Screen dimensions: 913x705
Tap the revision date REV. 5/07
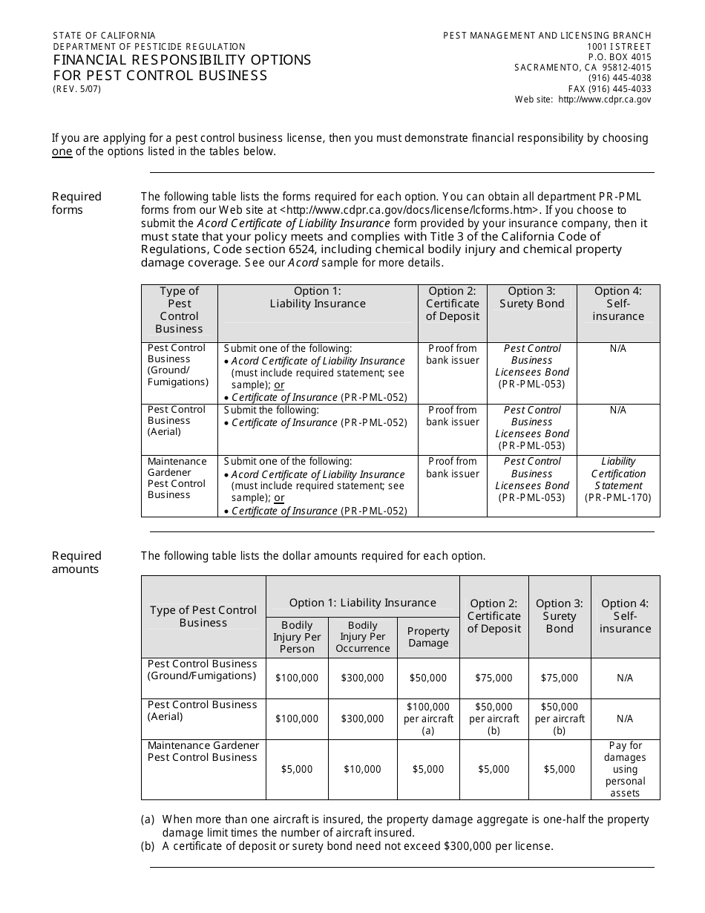[76, 89]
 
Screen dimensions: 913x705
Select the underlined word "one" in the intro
[62, 151]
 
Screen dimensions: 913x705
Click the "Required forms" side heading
[76, 203]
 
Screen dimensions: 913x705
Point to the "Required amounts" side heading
[76, 562]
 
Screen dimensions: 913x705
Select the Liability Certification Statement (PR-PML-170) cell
[617, 480]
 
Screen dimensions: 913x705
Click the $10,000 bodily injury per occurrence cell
[362, 770]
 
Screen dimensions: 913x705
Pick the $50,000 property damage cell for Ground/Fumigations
[428, 678]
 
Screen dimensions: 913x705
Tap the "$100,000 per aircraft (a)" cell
[428, 719]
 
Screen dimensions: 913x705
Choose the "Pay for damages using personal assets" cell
[625, 769]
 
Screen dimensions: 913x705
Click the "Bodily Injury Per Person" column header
[297, 637]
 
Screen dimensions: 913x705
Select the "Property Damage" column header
[428, 637]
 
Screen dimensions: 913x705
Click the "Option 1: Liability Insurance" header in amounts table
[362, 603]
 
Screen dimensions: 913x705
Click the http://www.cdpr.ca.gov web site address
[604, 99]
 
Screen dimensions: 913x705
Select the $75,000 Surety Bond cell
[559, 678]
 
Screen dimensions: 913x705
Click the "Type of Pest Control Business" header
[203, 616]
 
